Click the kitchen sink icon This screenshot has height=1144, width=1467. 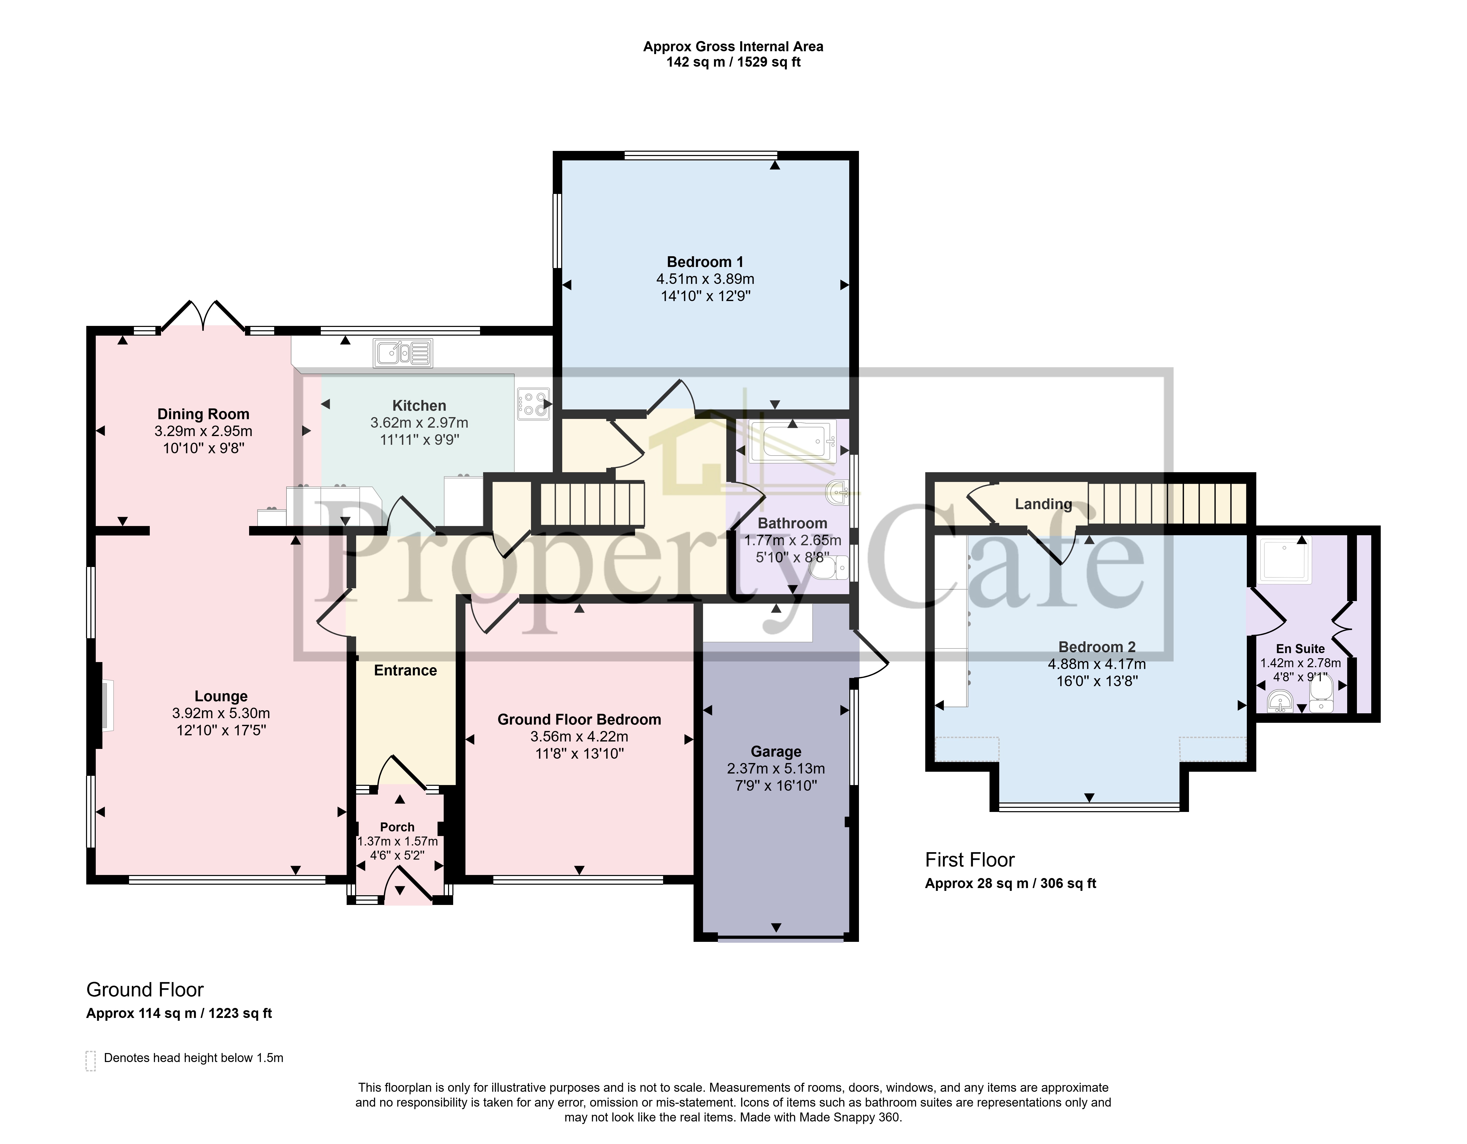pos(403,353)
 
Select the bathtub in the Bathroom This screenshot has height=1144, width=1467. pos(793,442)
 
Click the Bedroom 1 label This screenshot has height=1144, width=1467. pos(705,262)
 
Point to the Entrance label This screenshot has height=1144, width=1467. pos(405,670)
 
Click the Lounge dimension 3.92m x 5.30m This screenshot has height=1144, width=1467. pos(221,713)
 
